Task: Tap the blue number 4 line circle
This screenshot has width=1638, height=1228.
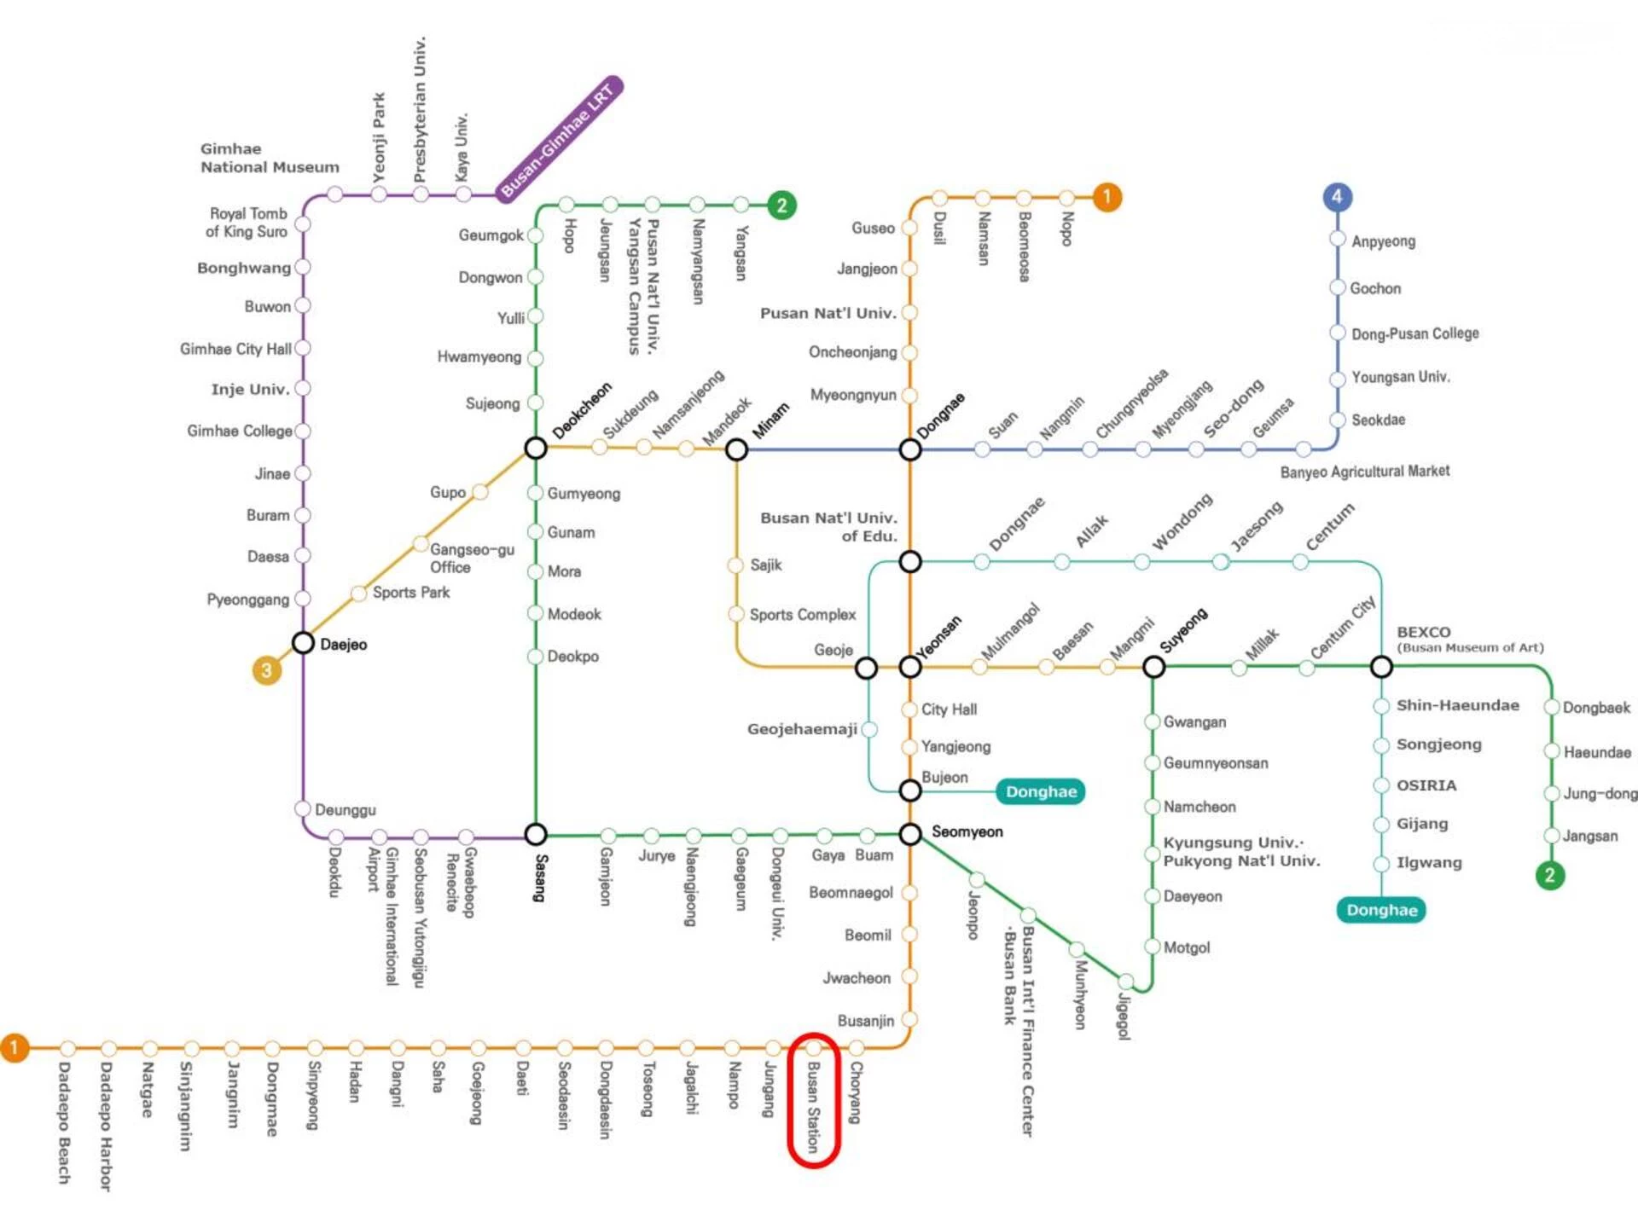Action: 1337,197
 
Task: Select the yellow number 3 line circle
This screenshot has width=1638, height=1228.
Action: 267,670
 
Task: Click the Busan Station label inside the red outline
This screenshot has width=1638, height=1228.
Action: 813,1107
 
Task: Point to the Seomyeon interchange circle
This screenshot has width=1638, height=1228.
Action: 910,834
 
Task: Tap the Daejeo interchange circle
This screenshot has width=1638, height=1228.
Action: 303,642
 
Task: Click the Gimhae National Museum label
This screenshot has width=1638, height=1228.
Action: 270,158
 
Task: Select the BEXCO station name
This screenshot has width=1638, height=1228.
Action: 1423,632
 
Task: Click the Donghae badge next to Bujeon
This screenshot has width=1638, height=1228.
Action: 1041,791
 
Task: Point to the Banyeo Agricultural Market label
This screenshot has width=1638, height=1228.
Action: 1364,472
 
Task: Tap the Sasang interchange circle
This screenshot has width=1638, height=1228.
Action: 536,833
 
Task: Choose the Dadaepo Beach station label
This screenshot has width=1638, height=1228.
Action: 64,1122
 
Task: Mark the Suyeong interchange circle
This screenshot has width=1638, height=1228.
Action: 1153,667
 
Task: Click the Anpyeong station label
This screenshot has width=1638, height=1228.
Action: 1383,241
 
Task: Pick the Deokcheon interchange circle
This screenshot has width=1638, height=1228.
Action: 536,448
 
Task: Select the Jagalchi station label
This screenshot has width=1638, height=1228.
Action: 691,1088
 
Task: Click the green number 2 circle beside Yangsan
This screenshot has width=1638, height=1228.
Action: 781,206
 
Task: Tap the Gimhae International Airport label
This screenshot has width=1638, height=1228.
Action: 383,916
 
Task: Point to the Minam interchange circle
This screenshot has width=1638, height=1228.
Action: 736,449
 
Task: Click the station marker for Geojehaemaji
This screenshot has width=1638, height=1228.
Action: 869,729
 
